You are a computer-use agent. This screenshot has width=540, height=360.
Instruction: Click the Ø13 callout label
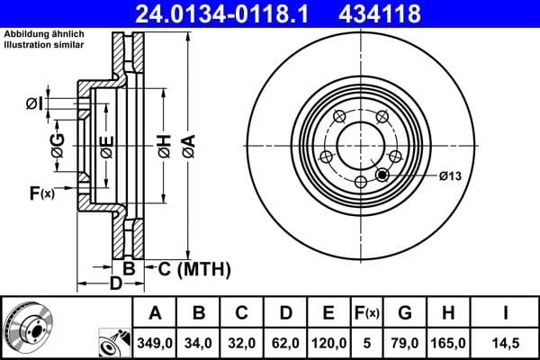click(x=450, y=175)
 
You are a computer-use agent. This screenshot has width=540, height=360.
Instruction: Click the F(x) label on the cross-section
click(x=41, y=193)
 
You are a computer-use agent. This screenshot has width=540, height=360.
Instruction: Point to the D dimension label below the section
click(x=115, y=284)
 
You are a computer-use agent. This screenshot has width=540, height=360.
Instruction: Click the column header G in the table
click(x=404, y=313)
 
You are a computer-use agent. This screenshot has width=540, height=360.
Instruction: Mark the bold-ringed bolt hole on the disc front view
click(x=385, y=175)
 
